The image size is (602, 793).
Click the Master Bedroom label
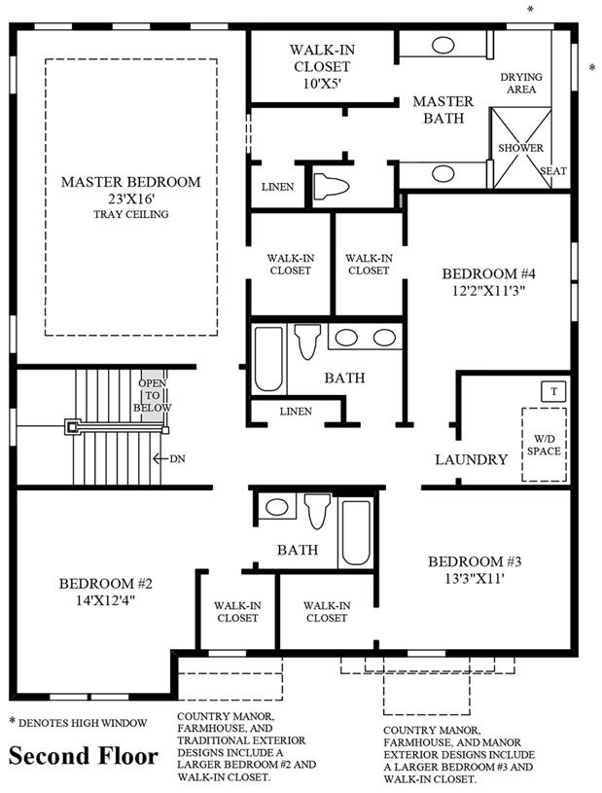point(131,182)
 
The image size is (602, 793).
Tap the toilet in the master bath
point(331,186)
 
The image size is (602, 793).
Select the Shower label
point(520,148)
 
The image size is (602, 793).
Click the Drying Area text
point(521,83)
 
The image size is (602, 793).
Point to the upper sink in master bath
point(443,46)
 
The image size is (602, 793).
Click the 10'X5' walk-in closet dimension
point(322,84)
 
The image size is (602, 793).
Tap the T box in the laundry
point(554,391)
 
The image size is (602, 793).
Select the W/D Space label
point(544,445)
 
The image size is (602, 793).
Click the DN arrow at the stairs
point(159,458)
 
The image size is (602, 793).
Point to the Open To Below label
point(152,395)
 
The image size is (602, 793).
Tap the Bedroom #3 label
point(475,561)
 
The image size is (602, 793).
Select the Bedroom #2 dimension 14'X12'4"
point(106,600)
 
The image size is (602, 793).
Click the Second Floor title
point(84,756)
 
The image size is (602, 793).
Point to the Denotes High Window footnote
point(79,723)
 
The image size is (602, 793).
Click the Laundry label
point(471,459)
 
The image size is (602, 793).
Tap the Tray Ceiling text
point(131,214)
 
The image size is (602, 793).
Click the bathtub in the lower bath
point(356,532)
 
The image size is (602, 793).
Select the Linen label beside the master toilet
point(277,187)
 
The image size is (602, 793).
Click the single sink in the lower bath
point(276,507)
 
